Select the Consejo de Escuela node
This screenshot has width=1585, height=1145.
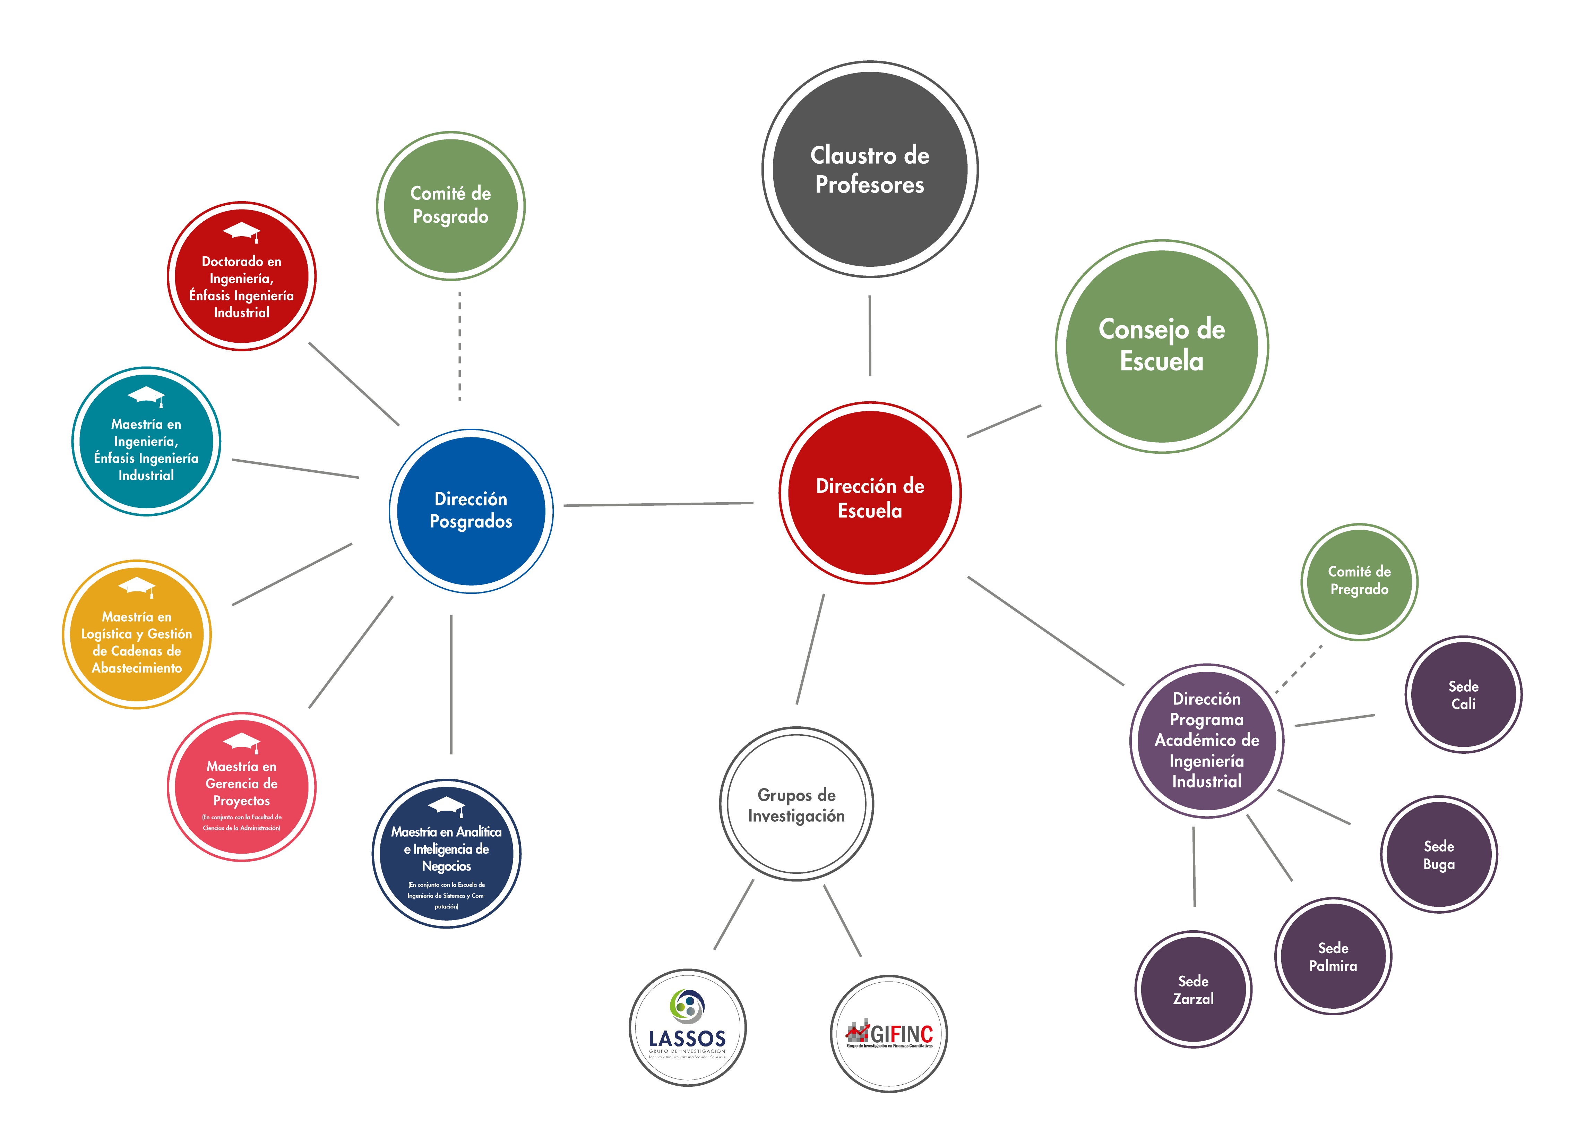[x=1162, y=346]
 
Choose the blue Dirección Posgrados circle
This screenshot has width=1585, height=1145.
[x=471, y=511]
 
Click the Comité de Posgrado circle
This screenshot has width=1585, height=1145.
[x=451, y=205]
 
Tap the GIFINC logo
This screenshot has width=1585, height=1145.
[x=889, y=1033]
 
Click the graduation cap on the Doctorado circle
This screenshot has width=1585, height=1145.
[x=242, y=232]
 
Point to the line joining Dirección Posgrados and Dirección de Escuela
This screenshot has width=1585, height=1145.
[x=658, y=504]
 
